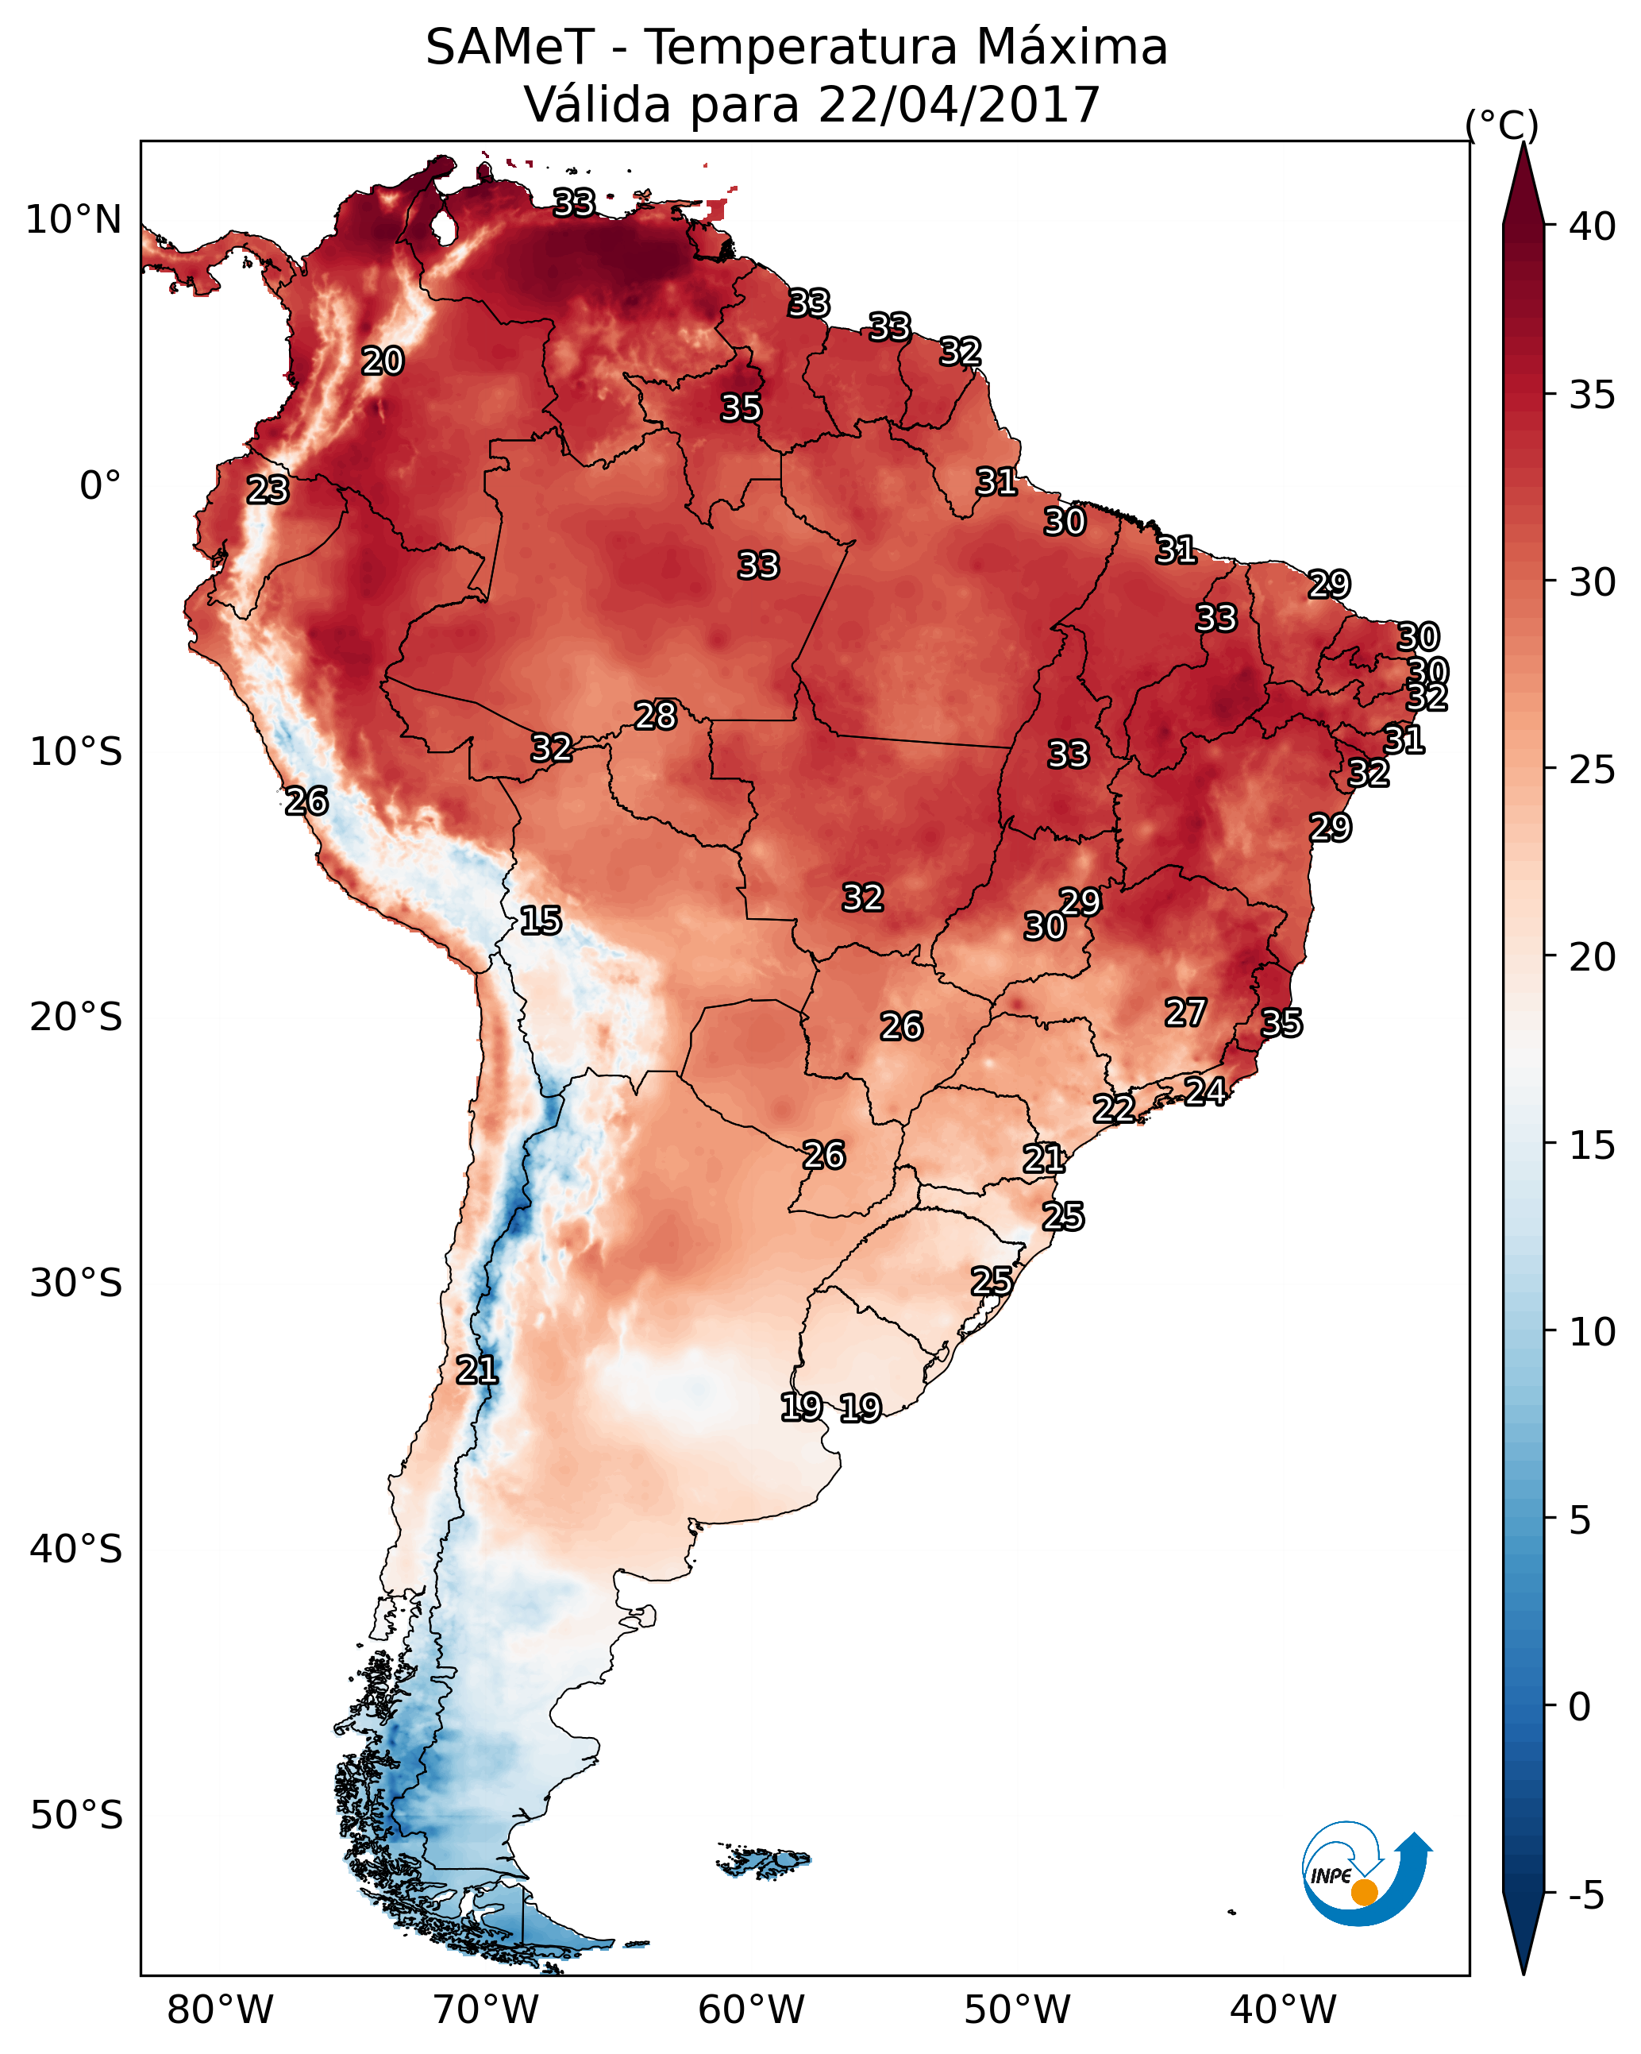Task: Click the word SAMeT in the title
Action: (x=510, y=48)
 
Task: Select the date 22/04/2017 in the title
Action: (x=958, y=105)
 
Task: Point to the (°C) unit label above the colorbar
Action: (x=1501, y=125)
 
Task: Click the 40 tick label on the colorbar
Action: (x=1593, y=226)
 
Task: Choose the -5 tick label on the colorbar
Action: (x=1585, y=1896)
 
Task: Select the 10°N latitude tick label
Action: (x=75, y=220)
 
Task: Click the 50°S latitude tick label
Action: (x=76, y=1816)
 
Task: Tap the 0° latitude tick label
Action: (x=101, y=486)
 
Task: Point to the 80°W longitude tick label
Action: (x=220, y=2010)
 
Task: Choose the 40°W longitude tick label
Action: (x=1283, y=2010)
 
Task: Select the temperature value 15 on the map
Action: (x=540, y=921)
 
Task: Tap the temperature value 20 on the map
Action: (x=383, y=361)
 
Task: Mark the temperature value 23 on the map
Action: (x=268, y=490)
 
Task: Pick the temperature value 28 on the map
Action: (x=655, y=716)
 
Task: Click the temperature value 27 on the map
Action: (x=1186, y=1013)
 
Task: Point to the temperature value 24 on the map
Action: (x=1205, y=1091)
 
